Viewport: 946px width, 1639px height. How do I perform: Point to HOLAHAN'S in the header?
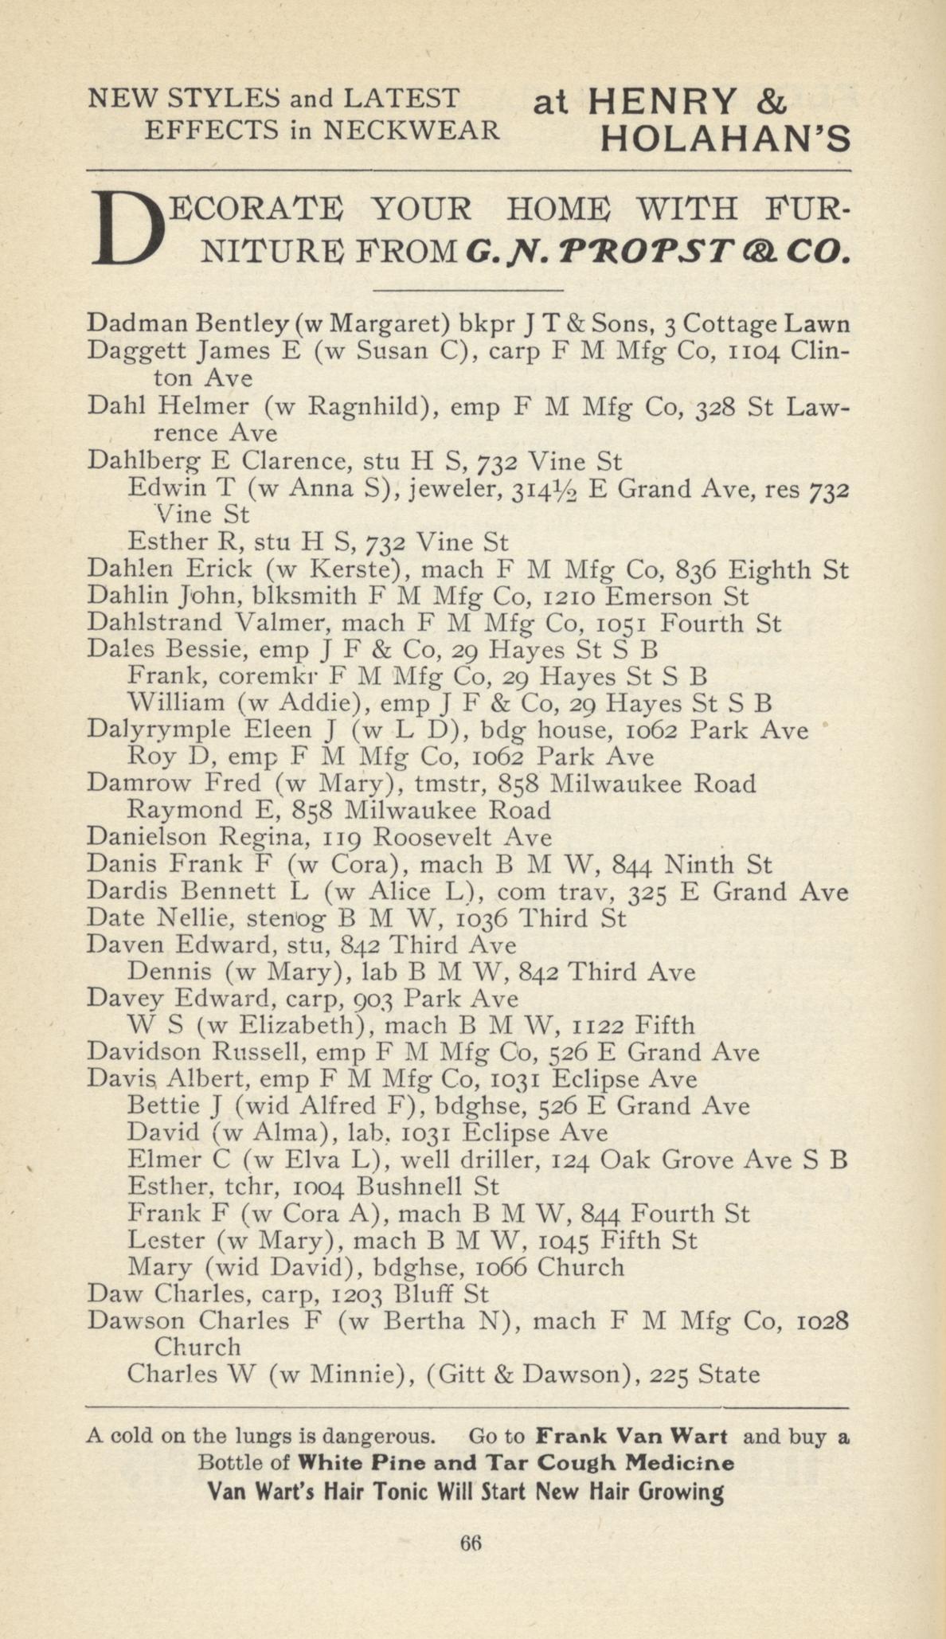point(725,141)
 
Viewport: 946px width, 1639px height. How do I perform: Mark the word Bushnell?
point(411,1187)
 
